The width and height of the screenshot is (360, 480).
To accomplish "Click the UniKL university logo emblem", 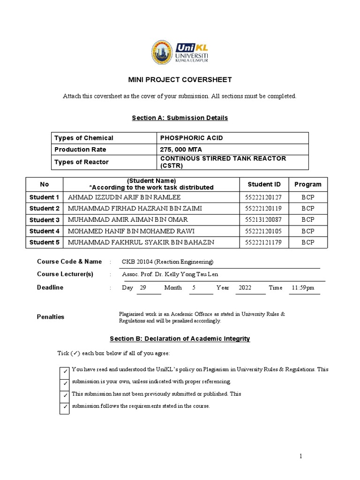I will (162, 52).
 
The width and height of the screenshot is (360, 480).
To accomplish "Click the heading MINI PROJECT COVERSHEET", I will (180, 80).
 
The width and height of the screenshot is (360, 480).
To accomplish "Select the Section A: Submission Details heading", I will (180, 118).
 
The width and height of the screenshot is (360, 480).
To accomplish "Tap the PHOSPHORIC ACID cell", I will (191, 138).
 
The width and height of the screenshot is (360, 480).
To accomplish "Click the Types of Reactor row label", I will (82, 162).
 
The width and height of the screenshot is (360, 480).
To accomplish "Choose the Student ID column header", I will (264, 184).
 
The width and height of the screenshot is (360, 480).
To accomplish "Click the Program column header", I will (308, 184).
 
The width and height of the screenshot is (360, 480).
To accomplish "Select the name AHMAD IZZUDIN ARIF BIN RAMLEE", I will (124, 197).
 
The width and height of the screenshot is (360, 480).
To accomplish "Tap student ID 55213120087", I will (264, 220).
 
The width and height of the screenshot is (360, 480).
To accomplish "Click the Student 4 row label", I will (45, 231).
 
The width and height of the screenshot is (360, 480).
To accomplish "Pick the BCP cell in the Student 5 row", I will (308, 242).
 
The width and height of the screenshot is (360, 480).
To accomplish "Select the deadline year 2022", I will (245, 287).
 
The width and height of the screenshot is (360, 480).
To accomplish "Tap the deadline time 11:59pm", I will (303, 287).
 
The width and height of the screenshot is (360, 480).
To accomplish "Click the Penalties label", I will (51, 317).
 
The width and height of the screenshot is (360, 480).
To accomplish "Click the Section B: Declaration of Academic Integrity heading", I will (180, 338).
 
